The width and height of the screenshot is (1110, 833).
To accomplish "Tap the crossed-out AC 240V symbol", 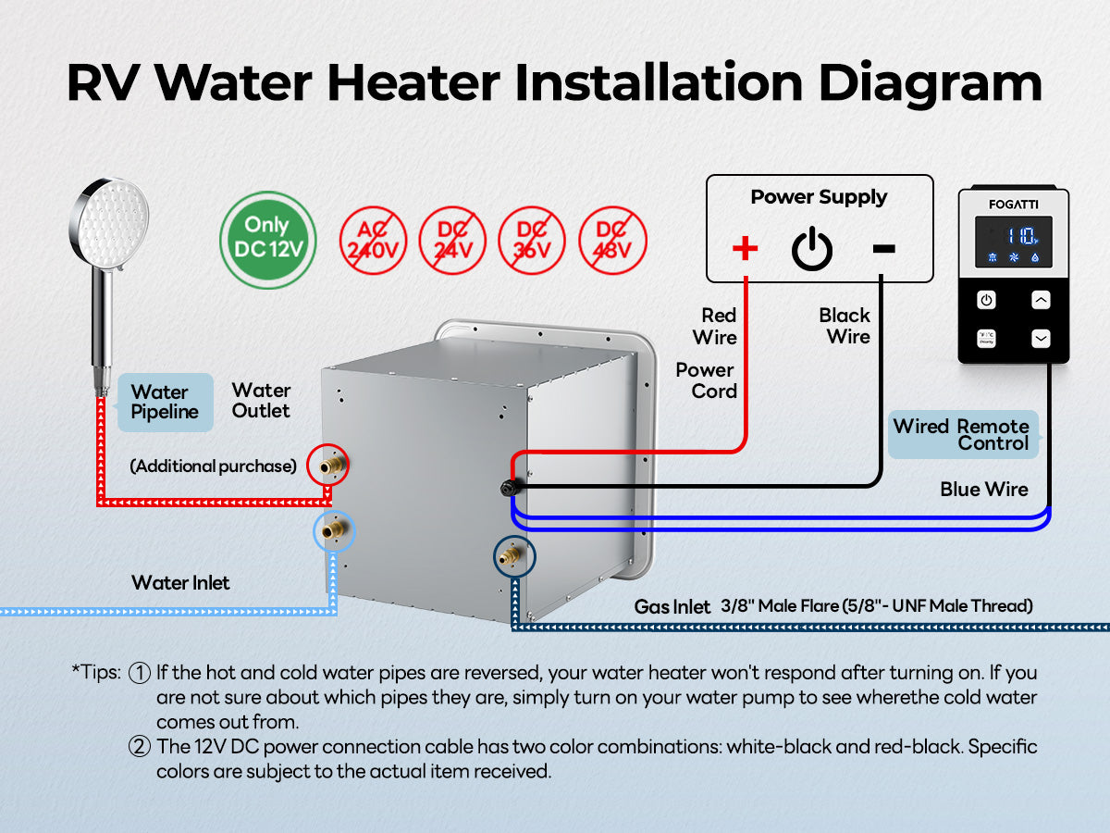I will (x=376, y=239).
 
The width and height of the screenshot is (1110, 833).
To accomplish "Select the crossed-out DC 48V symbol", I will (x=612, y=239).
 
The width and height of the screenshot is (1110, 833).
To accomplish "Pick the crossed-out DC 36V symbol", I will (x=533, y=239).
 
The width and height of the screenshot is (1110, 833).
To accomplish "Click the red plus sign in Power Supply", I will (x=745, y=247).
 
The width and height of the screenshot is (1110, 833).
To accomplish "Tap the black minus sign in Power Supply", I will (x=883, y=248).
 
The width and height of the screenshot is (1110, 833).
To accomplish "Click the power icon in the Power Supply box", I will (x=812, y=248).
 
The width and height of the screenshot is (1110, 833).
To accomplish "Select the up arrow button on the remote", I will (x=1042, y=300).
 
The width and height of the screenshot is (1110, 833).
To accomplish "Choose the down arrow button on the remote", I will (x=1042, y=339).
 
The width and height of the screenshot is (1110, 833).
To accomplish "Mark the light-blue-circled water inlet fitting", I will (x=333, y=531).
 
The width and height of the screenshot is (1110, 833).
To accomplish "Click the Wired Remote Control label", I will (x=962, y=435).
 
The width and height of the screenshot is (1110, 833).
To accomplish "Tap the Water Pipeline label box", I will (x=165, y=403).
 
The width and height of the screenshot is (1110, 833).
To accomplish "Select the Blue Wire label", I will (x=984, y=490).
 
